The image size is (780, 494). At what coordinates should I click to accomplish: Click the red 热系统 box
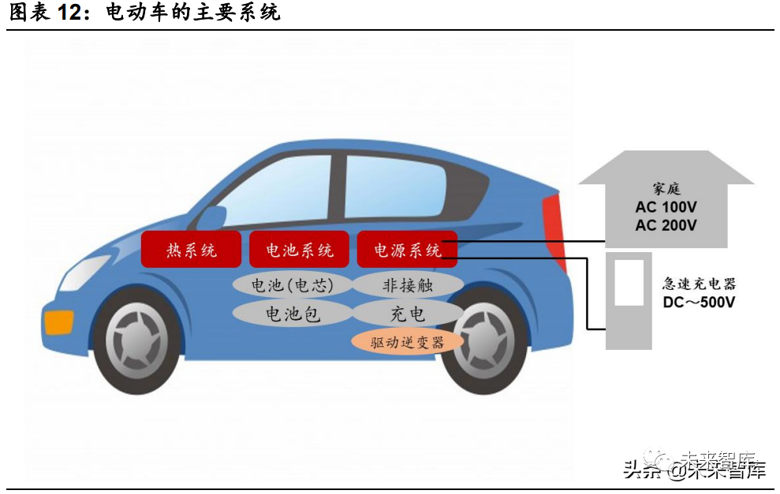point(191,251)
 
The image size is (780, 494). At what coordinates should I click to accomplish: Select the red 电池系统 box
point(299,251)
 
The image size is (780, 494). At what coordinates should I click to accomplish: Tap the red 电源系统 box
point(407,251)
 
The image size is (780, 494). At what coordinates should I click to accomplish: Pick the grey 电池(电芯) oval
point(292,284)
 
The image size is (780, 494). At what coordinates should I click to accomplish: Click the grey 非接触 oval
point(408,284)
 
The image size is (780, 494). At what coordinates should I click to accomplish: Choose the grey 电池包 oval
point(292,314)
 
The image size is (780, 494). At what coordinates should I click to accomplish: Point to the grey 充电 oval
point(408,314)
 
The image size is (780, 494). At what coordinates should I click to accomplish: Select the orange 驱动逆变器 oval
point(408,342)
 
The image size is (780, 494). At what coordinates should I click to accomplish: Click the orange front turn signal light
point(59,321)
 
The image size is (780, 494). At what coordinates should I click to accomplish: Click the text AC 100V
point(666,208)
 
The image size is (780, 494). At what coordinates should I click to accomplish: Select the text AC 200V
point(666,225)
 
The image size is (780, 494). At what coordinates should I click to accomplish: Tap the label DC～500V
point(698,303)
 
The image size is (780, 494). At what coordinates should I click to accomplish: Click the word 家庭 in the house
point(666,190)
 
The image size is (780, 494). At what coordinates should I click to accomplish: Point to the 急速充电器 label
point(699,284)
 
